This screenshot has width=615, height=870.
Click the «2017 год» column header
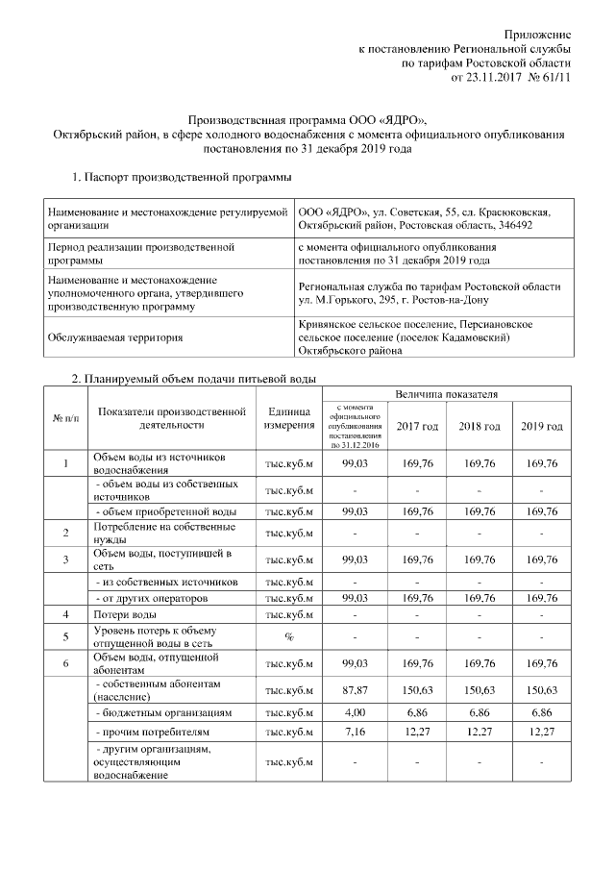tap(418, 426)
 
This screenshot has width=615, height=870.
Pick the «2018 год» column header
tap(480, 426)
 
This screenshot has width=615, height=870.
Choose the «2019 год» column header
tap(541, 426)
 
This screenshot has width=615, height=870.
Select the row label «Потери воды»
tap(124, 612)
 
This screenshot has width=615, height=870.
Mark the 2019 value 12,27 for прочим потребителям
tap(541, 736)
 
